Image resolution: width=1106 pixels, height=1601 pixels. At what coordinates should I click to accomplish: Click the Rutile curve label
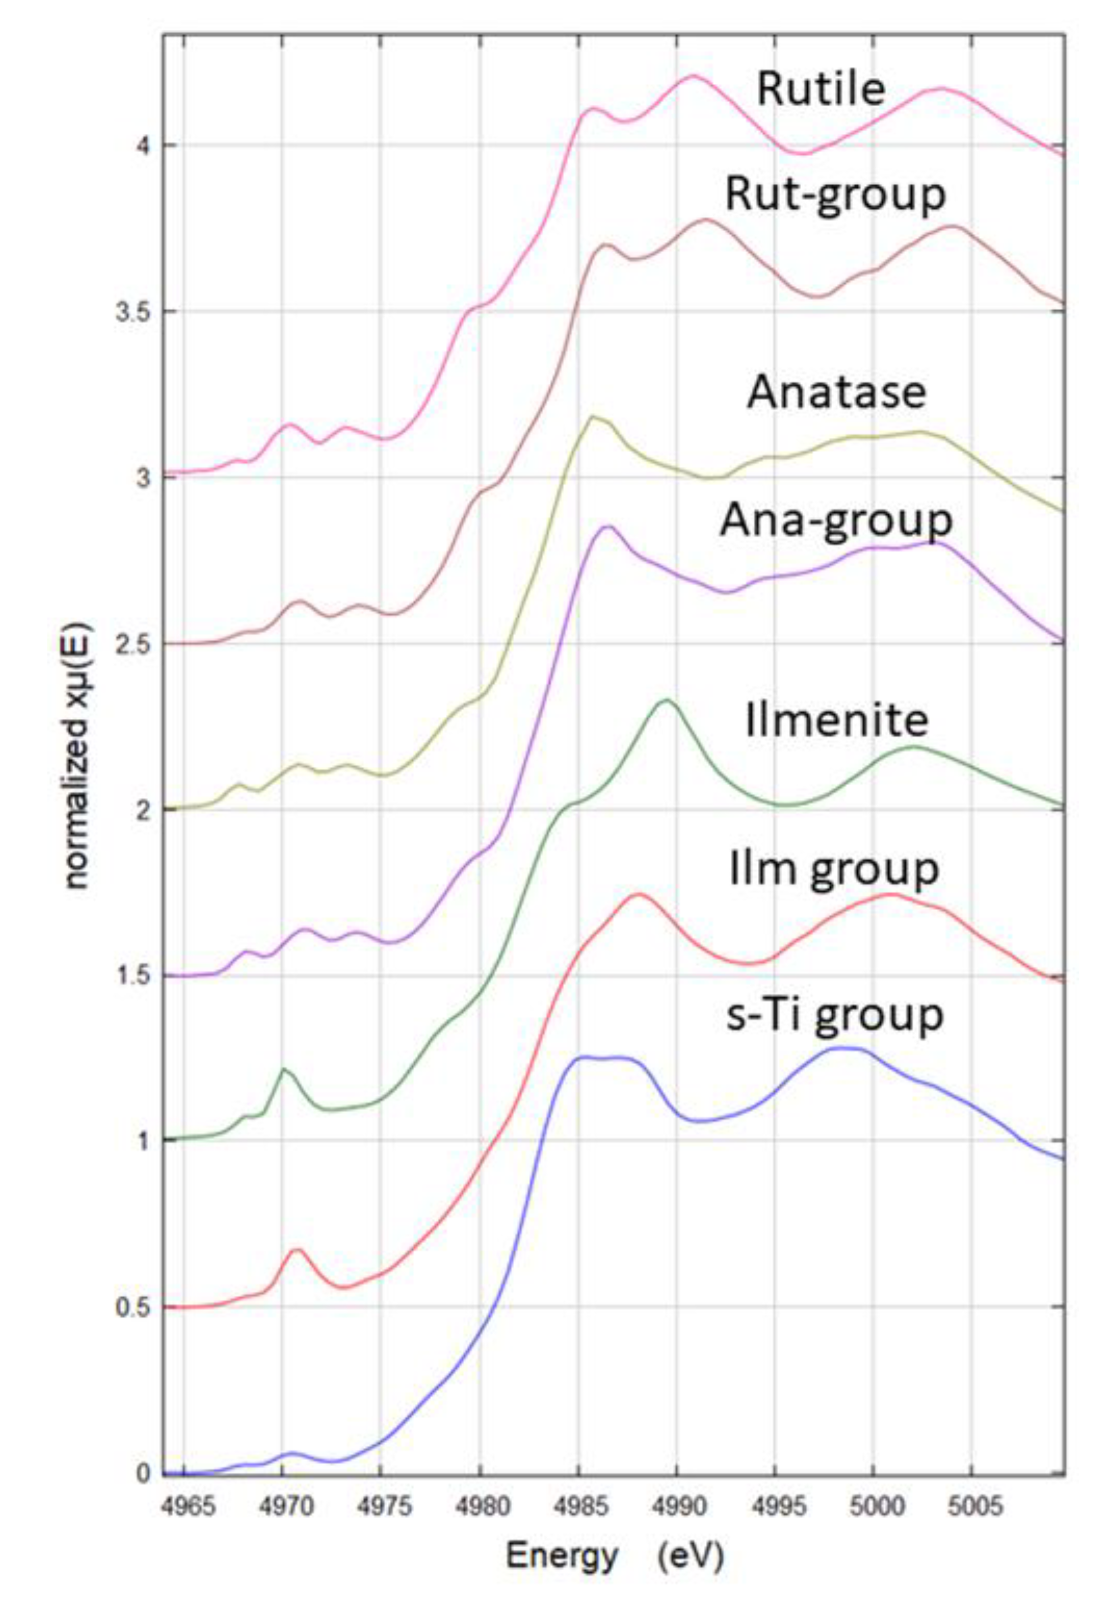(x=821, y=90)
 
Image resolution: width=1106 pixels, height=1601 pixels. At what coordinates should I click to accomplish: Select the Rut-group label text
(x=835, y=195)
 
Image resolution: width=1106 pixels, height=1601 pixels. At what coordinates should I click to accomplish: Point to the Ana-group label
(x=836, y=520)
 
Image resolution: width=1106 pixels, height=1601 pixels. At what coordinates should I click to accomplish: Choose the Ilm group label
(x=834, y=868)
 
